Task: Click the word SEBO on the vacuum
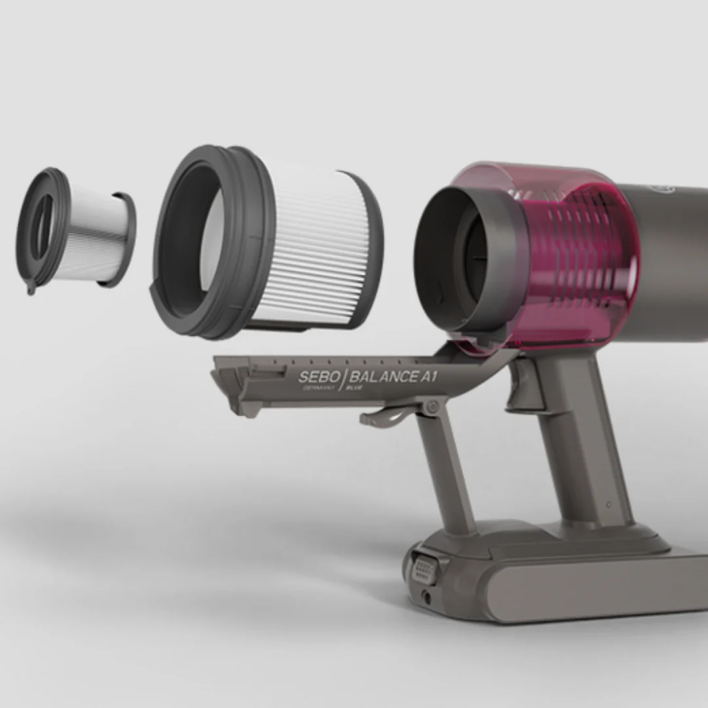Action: pyautogui.click(x=319, y=377)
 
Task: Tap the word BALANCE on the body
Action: pyautogui.click(x=382, y=376)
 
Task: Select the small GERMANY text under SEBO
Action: pyautogui.click(x=319, y=388)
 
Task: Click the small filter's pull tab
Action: pyautogui.click(x=31, y=286)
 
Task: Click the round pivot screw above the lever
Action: pyautogui.click(x=431, y=408)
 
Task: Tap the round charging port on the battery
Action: pyautogui.click(x=427, y=597)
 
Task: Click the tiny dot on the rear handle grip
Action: pyautogui.click(x=609, y=505)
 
